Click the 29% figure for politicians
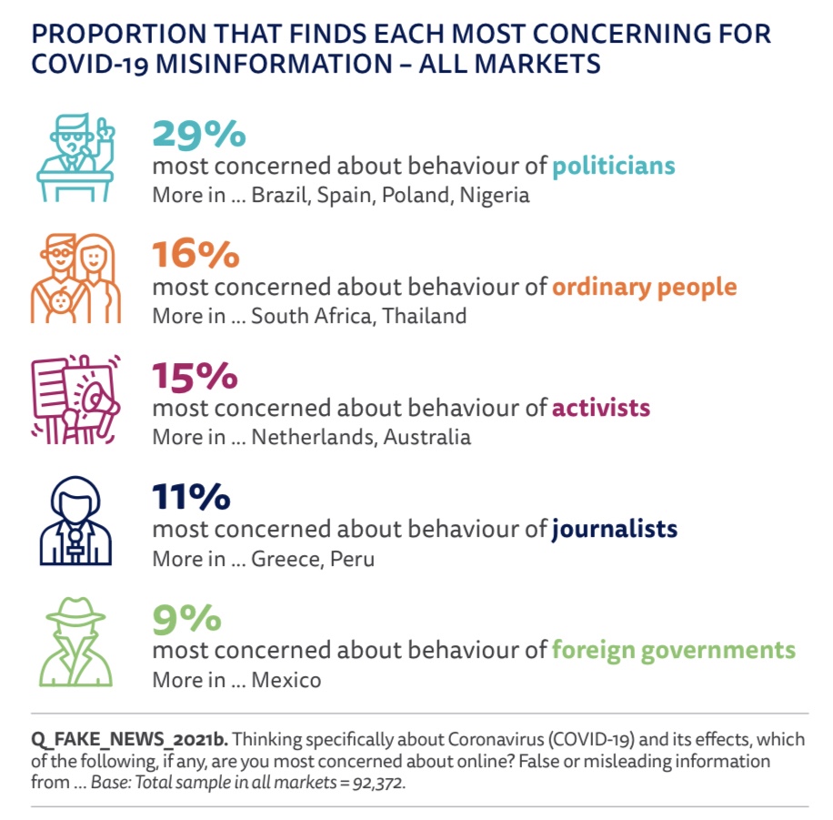pos(198,134)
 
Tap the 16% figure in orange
pos(196,255)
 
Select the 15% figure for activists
pos(195,375)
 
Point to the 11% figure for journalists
pos(191,497)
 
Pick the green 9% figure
pos(186,618)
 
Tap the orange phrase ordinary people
pos(644,287)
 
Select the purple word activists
pos(601,407)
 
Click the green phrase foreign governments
pos(673,650)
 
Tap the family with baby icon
pos(75,278)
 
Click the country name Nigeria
pos(494,195)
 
